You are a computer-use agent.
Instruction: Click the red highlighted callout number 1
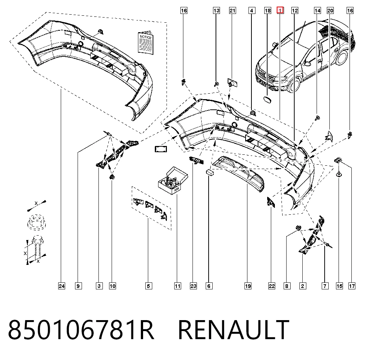280,11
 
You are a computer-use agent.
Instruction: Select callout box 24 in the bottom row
61,286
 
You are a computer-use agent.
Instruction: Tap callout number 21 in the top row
232,11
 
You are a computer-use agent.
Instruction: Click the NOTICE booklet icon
146,43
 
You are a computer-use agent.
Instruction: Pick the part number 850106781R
81,330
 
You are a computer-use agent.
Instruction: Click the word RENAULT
234,330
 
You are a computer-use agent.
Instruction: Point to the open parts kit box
173,180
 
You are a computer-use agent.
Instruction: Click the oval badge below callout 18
267,99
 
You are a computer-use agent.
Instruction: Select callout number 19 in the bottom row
248,286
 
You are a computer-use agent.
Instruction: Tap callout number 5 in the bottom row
149,286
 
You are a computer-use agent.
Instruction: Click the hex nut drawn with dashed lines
36,222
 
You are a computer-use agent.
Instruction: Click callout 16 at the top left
184,11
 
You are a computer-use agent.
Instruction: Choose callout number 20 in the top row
330,11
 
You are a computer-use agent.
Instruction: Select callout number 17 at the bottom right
352,286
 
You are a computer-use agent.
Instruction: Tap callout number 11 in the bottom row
178,286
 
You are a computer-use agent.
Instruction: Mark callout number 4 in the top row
252,11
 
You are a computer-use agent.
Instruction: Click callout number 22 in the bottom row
272,286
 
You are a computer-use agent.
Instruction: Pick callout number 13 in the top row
217,11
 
